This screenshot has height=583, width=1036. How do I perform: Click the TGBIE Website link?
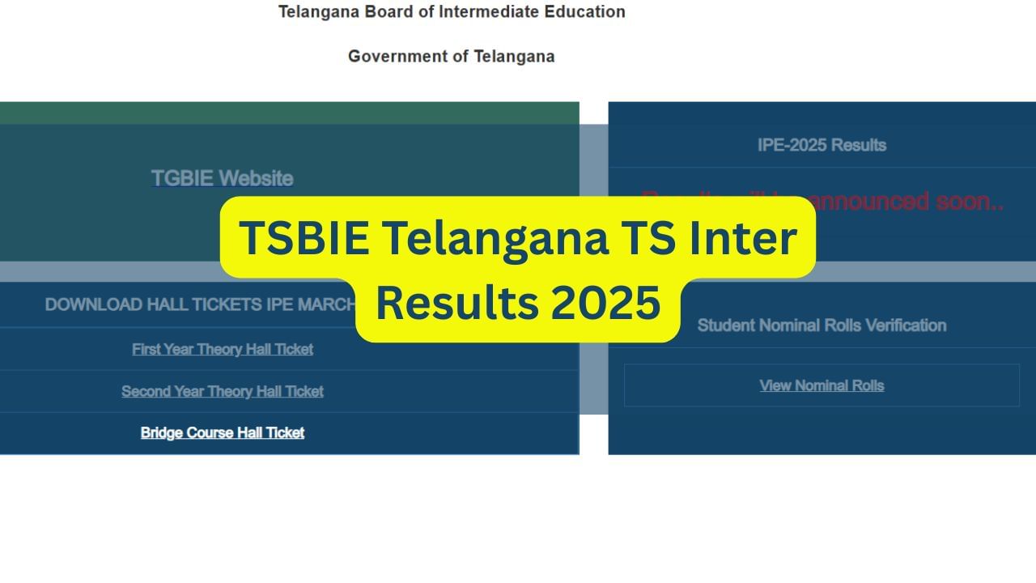click(x=222, y=178)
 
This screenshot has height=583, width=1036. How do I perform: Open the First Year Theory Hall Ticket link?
click(x=223, y=349)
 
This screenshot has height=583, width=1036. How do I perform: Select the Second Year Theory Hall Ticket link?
click(x=223, y=391)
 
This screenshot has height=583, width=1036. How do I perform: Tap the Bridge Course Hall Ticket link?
click(x=223, y=432)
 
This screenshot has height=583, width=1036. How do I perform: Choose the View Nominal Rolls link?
click(x=822, y=385)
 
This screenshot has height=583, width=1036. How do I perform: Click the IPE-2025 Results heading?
click(x=822, y=145)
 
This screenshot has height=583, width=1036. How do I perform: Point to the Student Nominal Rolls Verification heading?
click(x=822, y=326)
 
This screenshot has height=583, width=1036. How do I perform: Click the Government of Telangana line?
click(x=451, y=57)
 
